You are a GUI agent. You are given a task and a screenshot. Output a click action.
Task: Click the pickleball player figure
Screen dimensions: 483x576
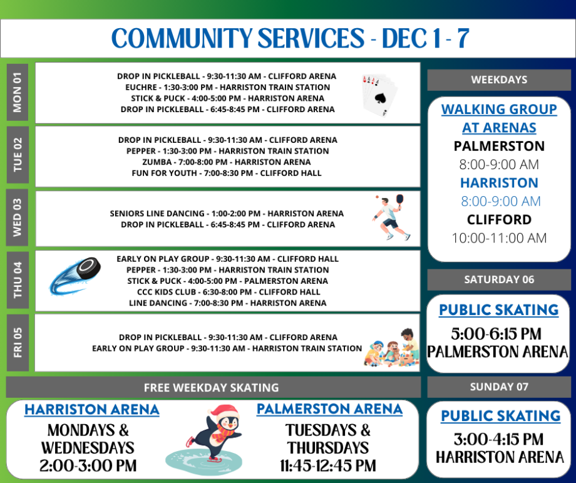pos(391,217)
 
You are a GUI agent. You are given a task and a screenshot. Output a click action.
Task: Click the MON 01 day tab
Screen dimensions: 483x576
pos(17,92)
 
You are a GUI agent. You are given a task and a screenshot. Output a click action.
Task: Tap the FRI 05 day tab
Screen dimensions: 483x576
pos(17,342)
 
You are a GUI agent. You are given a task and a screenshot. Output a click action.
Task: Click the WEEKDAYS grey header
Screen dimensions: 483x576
pos(499,80)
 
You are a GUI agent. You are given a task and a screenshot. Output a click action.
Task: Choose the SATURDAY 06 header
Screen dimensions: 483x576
pos(499,279)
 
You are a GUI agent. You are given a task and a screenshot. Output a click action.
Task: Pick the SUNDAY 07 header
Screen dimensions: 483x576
pos(499,387)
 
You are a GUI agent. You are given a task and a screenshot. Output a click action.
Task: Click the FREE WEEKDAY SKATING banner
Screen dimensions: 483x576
pos(212,387)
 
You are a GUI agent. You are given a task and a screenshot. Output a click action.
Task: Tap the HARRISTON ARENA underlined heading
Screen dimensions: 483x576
pos(91,410)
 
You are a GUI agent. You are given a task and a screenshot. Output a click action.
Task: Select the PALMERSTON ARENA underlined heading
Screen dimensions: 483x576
pos(329,409)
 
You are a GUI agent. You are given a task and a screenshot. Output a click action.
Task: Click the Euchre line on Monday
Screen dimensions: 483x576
pos(227,87)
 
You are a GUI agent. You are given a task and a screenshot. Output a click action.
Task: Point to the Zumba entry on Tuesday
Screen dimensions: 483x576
pos(226,162)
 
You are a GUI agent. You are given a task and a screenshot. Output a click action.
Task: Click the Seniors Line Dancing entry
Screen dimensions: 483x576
pos(227,214)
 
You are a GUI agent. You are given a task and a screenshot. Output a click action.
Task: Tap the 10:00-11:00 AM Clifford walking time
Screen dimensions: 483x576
pos(499,238)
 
